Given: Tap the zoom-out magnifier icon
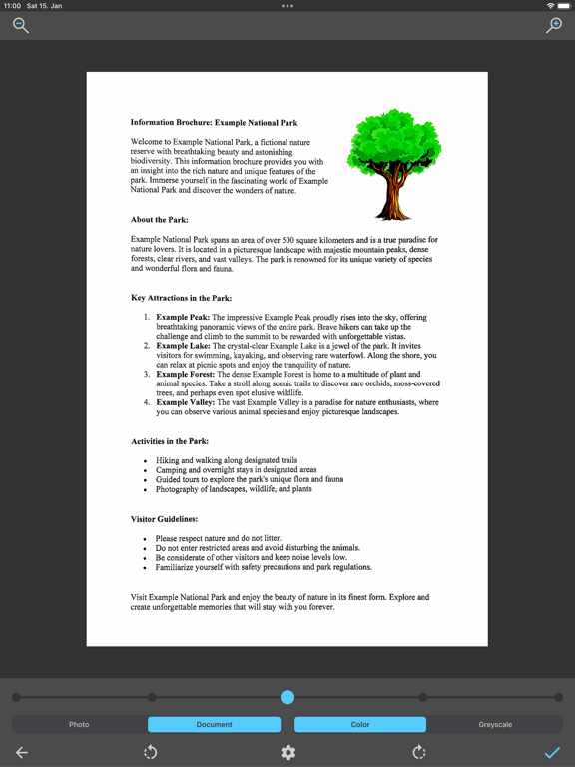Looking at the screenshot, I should coord(21,26).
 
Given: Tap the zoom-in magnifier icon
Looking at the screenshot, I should coord(554,26).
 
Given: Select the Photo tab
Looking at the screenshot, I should coord(79,724).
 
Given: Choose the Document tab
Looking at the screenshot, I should coord(214,724).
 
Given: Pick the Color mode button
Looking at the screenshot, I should coord(360,724).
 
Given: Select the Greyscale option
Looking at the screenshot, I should coord(495,724).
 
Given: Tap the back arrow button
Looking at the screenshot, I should coord(22,753).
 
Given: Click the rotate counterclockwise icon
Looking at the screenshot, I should coord(151,753).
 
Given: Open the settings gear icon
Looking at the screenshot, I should coord(287,753).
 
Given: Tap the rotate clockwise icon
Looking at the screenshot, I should coord(419,753).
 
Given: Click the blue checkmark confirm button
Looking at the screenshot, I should coord(552,753).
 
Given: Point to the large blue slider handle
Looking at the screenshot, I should coord(287,697).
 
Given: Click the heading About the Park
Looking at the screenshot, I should coord(159,220).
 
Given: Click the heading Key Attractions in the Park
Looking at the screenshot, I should coord(181,298).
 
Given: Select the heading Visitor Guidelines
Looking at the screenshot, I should coord(164,519).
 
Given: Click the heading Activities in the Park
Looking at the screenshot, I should coord(170,441).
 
